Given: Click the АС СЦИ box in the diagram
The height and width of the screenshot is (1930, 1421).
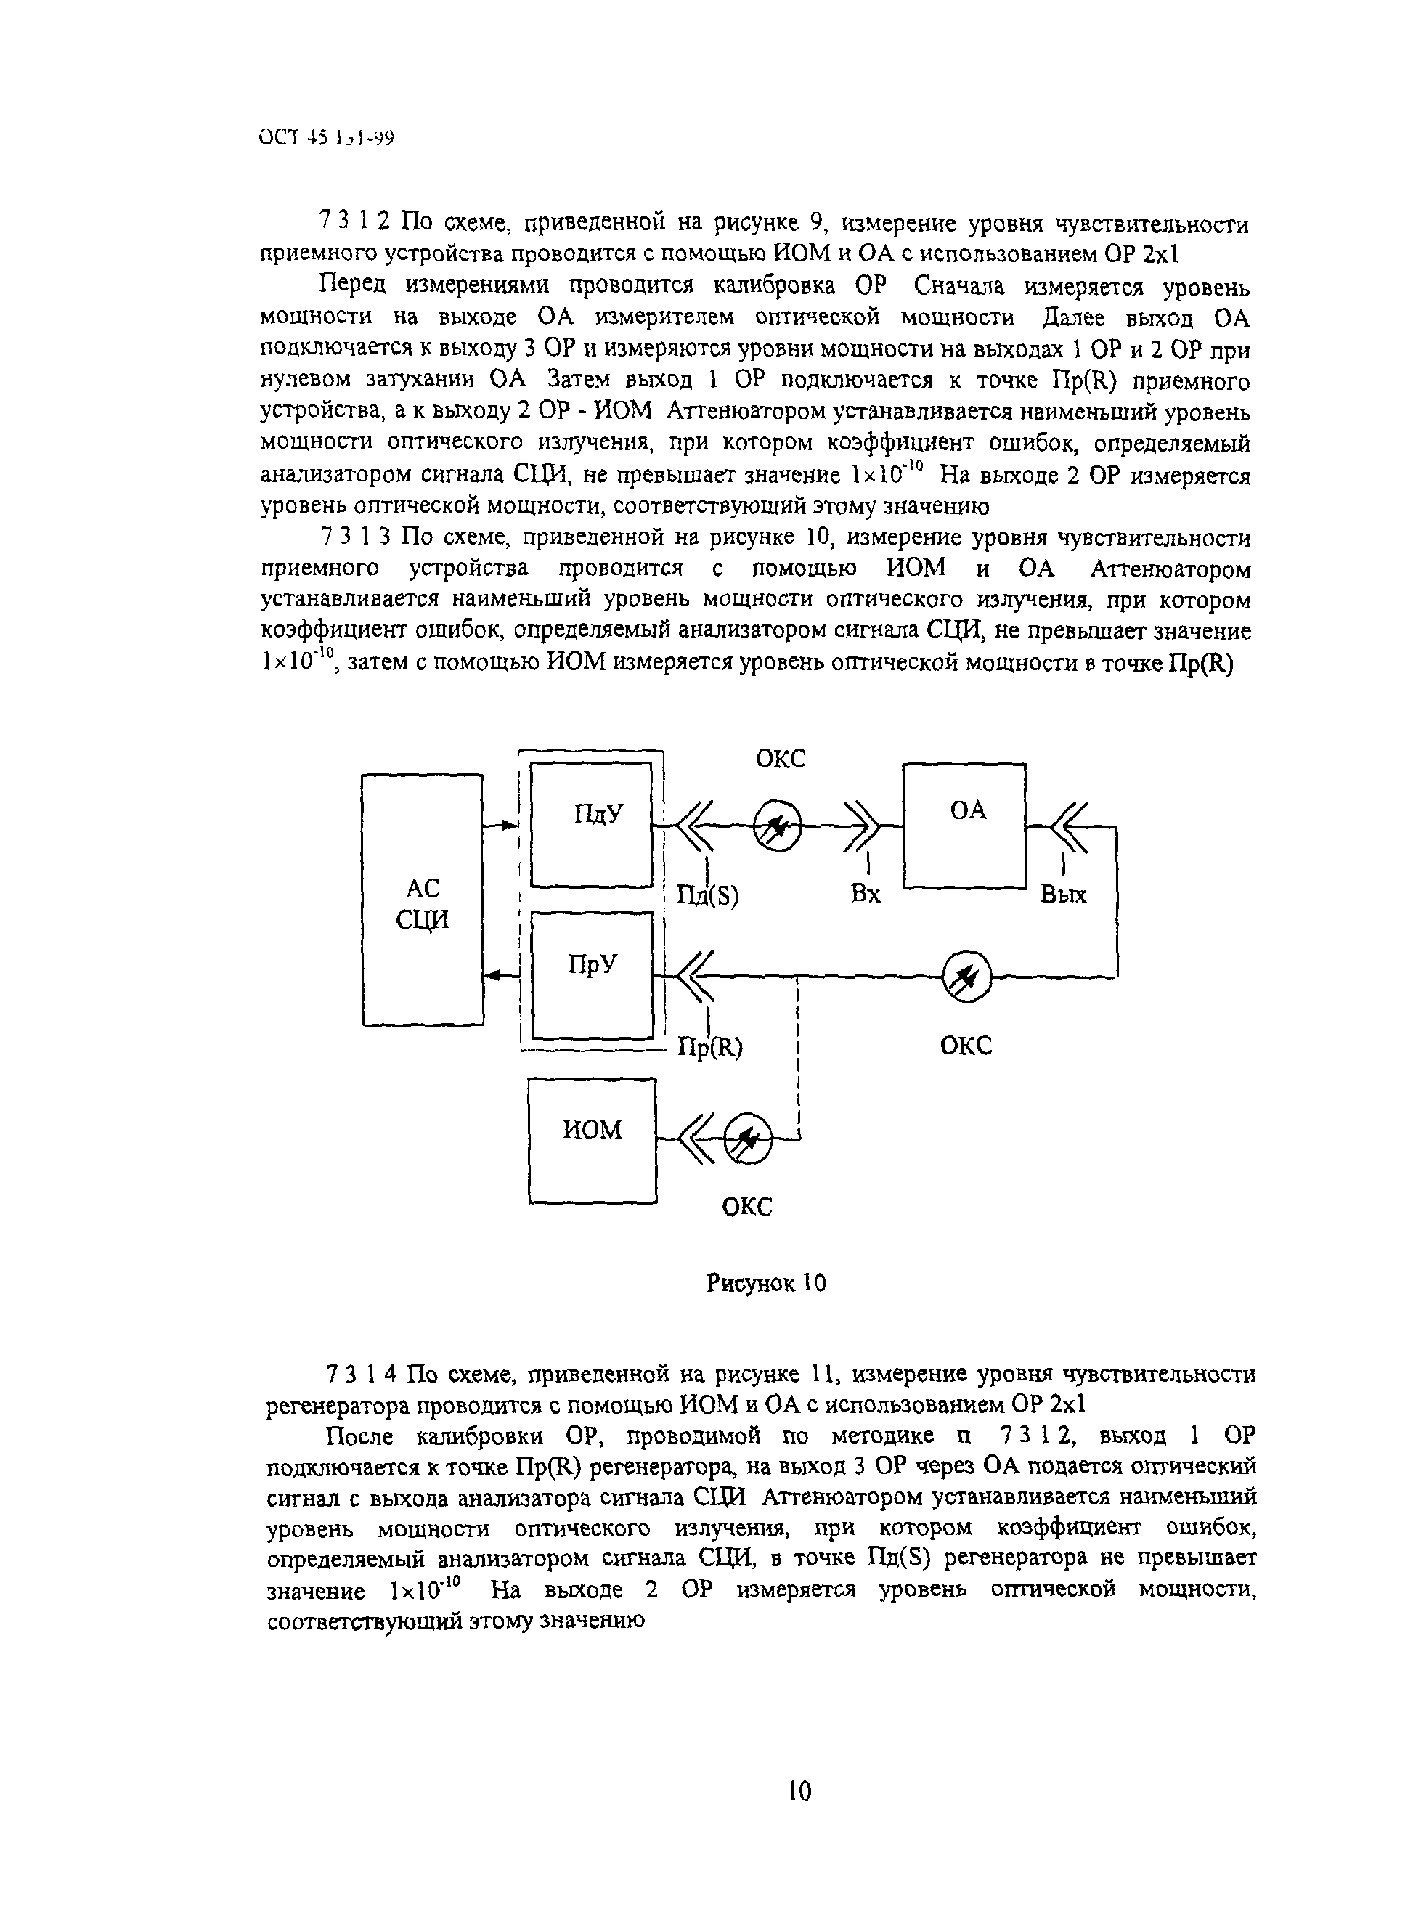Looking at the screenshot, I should (x=423, y=900).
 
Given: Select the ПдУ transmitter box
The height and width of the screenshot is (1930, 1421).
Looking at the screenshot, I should (x=592, y=825).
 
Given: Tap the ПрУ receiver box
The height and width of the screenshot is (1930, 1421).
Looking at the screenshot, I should (x=592, y=975).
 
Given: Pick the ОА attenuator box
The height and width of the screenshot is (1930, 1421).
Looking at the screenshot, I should (x=964, y=825).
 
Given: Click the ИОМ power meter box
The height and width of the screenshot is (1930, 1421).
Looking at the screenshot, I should (x=592, y=1141).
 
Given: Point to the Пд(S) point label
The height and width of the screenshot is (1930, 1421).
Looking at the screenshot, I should (x=707, y=896).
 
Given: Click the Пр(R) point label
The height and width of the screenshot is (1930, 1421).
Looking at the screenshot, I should (x=710, y=1047).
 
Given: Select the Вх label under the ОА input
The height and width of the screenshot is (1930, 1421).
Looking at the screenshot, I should (x=866, y=895).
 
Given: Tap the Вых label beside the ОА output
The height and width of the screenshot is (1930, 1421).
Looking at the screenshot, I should (x=1063, y=895).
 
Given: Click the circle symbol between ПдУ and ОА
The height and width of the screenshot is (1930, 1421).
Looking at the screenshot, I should (x=778, y=826).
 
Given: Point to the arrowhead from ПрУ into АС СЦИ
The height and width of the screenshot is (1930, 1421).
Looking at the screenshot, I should (x=493, y=975).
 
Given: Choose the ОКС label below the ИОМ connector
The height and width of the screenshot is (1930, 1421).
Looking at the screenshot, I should (x=746, y=1207).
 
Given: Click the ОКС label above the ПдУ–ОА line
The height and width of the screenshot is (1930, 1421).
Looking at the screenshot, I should (x=780, y=759).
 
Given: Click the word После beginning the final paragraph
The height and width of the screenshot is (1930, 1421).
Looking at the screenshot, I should (x=363, y=1436).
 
